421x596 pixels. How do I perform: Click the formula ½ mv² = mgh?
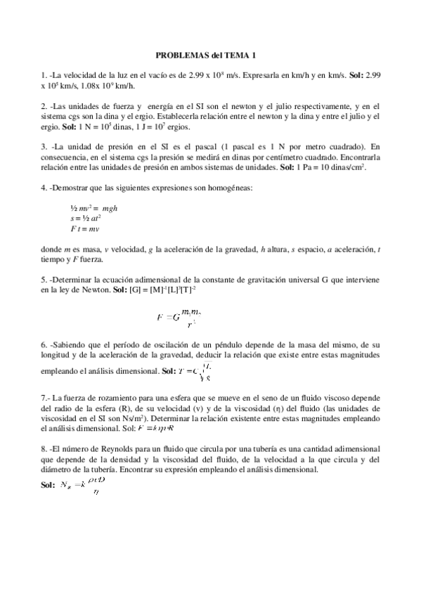[x=93, y=209]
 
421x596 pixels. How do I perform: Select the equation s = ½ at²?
[x=86, y=219]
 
